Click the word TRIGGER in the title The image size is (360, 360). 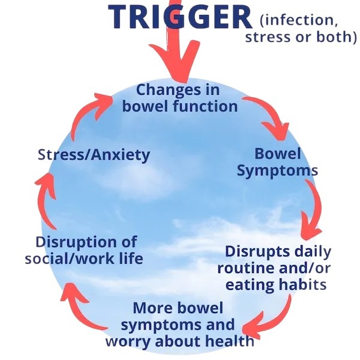pos(180,17)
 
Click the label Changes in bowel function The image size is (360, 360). pos(179,98)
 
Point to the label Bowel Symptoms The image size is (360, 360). pos(277,163)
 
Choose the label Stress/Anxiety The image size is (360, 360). pos(94,155)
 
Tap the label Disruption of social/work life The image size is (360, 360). pos(84,250)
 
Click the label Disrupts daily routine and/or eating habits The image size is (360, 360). pos(275,268)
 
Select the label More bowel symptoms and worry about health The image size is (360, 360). pos(179,325)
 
